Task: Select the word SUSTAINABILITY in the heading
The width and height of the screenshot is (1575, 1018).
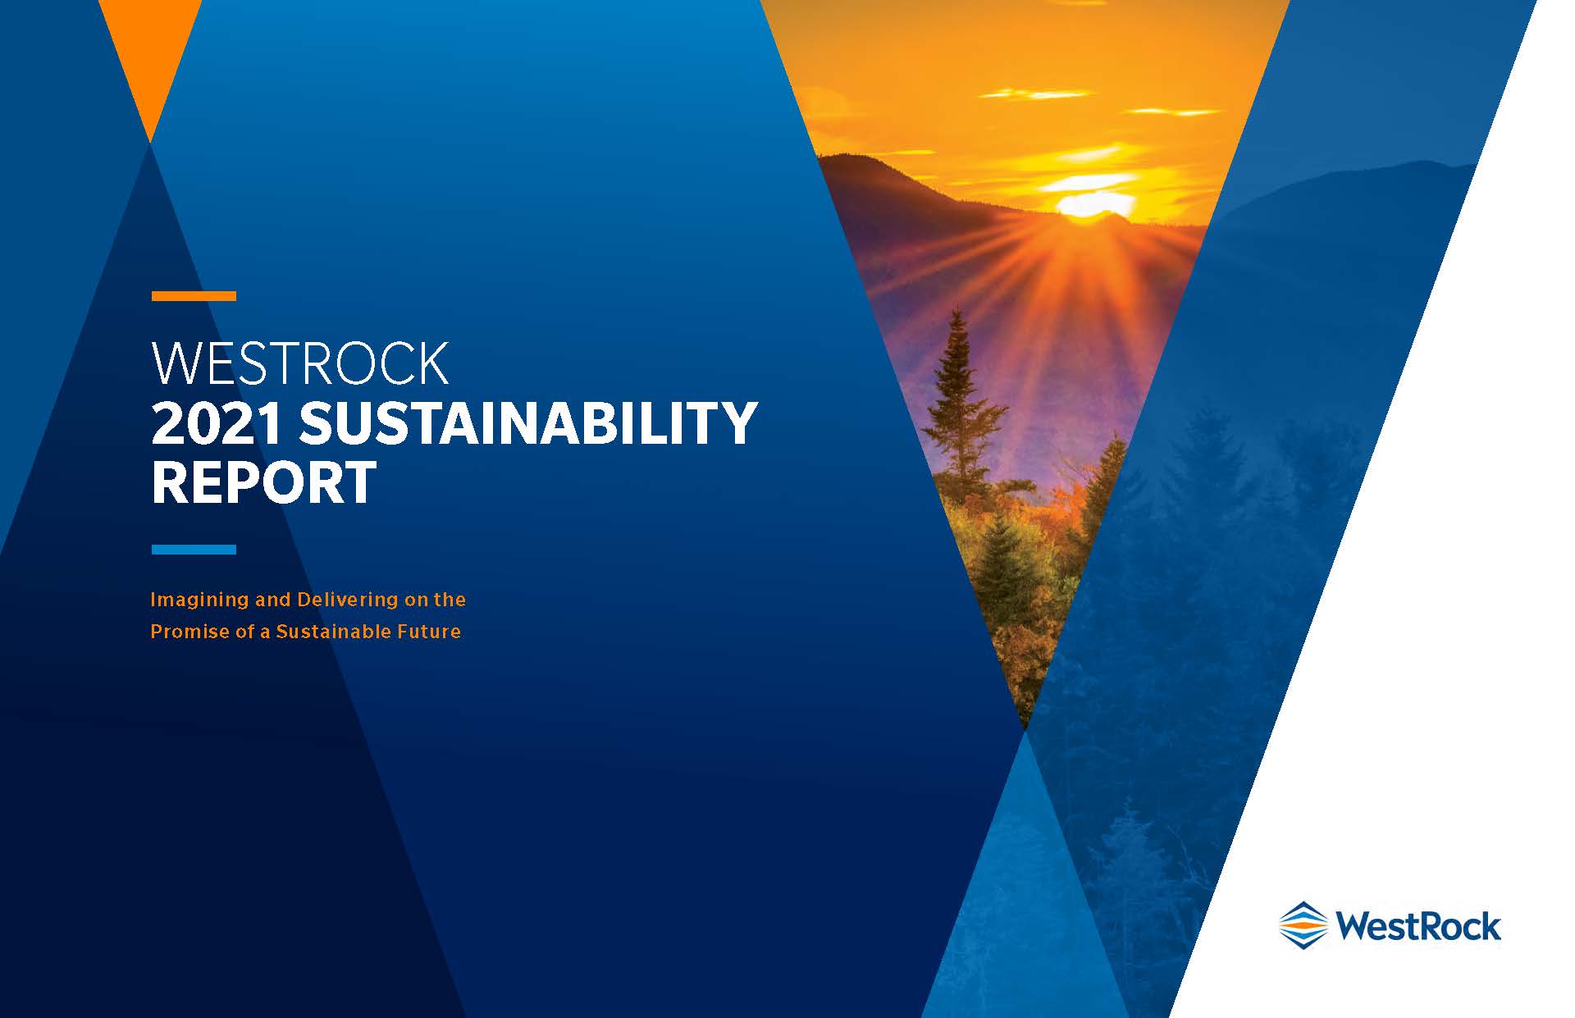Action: click(527, 423)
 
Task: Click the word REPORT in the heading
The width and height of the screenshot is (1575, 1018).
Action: click(264, 482)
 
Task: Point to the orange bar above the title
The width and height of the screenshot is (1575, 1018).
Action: click(194, 296)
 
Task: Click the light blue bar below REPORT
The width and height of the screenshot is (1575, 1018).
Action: click(194, 550)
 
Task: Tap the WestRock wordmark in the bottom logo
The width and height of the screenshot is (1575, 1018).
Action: click(1418, 926)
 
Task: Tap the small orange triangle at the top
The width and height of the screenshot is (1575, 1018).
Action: click(150, 49)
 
